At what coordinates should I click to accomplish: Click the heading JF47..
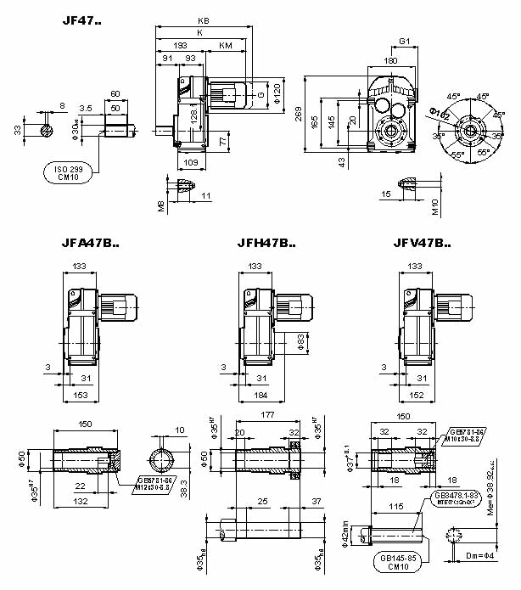tap(81, 19)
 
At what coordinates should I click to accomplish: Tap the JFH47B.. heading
tap(266, 243)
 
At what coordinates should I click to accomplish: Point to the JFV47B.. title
tap(422, 243)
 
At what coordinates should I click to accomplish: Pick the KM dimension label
tap(225, 45)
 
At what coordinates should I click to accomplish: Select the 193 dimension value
tap(180, 45)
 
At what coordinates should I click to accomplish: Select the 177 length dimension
tap(267, 417)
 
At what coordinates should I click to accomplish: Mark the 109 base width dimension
tap(190, 161)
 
